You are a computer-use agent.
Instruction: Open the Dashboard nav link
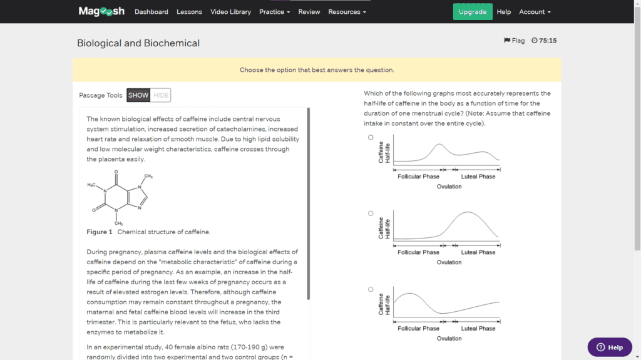pos(151,12)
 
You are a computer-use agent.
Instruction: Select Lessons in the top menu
pos(189,12)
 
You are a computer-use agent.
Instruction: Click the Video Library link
pos(230,12)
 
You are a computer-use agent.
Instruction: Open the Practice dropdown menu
pos(274,12)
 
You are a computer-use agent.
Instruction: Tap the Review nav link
pos(309,12)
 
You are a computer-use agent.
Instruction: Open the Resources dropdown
pos(347,12)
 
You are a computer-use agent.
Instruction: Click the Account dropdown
pos(535,12)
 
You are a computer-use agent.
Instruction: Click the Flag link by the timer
pos(514,41)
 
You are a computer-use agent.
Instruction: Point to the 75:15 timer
pos(544,41)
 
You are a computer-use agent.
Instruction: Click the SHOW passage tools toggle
pos(138,95)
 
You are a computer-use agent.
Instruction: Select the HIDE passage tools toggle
pos(161,95)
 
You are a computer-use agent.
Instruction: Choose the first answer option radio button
pos(371,137)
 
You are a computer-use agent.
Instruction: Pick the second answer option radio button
pos(371,213)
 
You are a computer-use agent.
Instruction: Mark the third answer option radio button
pos(371,289)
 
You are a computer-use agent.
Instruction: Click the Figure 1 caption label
pos(100,232)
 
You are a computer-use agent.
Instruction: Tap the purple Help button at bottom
pos(609,347)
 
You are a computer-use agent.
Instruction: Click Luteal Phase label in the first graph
pos(478,177)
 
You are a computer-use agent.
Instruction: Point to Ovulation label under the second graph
pos(449,262)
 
